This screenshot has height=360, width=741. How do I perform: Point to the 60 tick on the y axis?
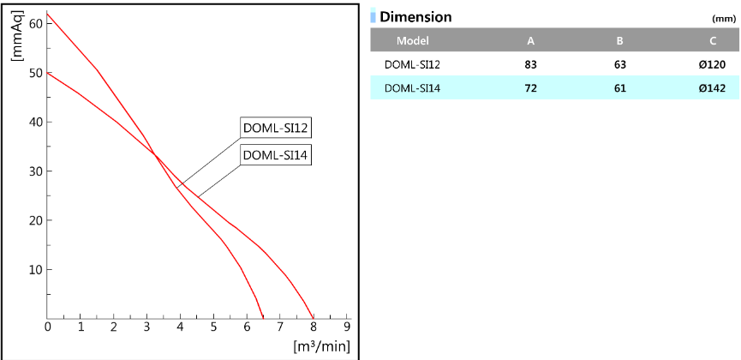pos(36,23)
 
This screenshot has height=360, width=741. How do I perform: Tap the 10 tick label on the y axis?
pos(36,269)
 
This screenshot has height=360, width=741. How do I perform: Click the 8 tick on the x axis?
pos(314,327)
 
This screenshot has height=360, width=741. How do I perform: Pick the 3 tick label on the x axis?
pos(147,327)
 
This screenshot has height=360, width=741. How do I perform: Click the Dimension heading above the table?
pos(415,16)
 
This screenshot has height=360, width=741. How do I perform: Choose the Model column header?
pos(413,40)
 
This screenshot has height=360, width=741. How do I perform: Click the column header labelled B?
pos(619,40)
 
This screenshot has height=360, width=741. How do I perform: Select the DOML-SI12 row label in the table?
pos(413,63)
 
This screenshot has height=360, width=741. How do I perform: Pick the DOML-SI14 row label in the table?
pos(413,87)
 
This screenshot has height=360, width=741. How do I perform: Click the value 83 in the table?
pos(530,63)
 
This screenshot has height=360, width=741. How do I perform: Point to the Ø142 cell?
pos(714,87)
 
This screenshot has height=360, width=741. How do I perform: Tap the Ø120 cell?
pos(714,63)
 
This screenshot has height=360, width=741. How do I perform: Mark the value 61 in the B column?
pos(619,87)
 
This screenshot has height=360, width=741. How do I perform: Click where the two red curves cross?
pos(156,154)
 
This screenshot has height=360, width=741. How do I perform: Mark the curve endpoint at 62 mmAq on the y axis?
pos(48,13)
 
